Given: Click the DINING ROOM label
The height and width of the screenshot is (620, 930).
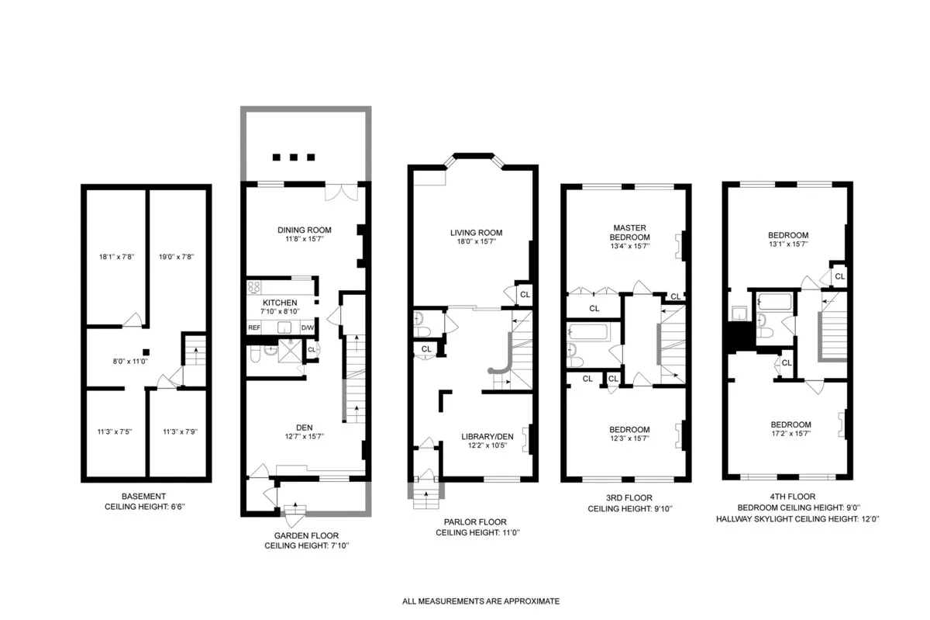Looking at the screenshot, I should click(305, 230).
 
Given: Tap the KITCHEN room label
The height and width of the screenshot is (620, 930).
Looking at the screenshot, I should click(280, 303).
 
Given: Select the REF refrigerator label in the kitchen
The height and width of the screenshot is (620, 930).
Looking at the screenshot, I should click(253, 327).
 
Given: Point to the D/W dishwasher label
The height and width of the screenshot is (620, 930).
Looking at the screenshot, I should click(308, 327).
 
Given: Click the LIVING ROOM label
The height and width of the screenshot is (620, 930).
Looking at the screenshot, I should click(477, 232).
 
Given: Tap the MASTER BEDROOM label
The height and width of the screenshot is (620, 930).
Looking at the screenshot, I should click(629, 232).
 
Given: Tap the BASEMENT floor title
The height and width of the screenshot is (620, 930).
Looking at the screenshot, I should click(143, 496).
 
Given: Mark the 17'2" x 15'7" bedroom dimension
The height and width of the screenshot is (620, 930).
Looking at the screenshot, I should click(790, 435).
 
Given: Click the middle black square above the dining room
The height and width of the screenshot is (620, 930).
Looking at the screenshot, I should click(294, 157).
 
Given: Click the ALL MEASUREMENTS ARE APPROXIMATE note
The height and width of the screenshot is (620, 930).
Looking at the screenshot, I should click(480, 601).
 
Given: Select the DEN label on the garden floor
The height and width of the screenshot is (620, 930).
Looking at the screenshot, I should click(304, 425).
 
